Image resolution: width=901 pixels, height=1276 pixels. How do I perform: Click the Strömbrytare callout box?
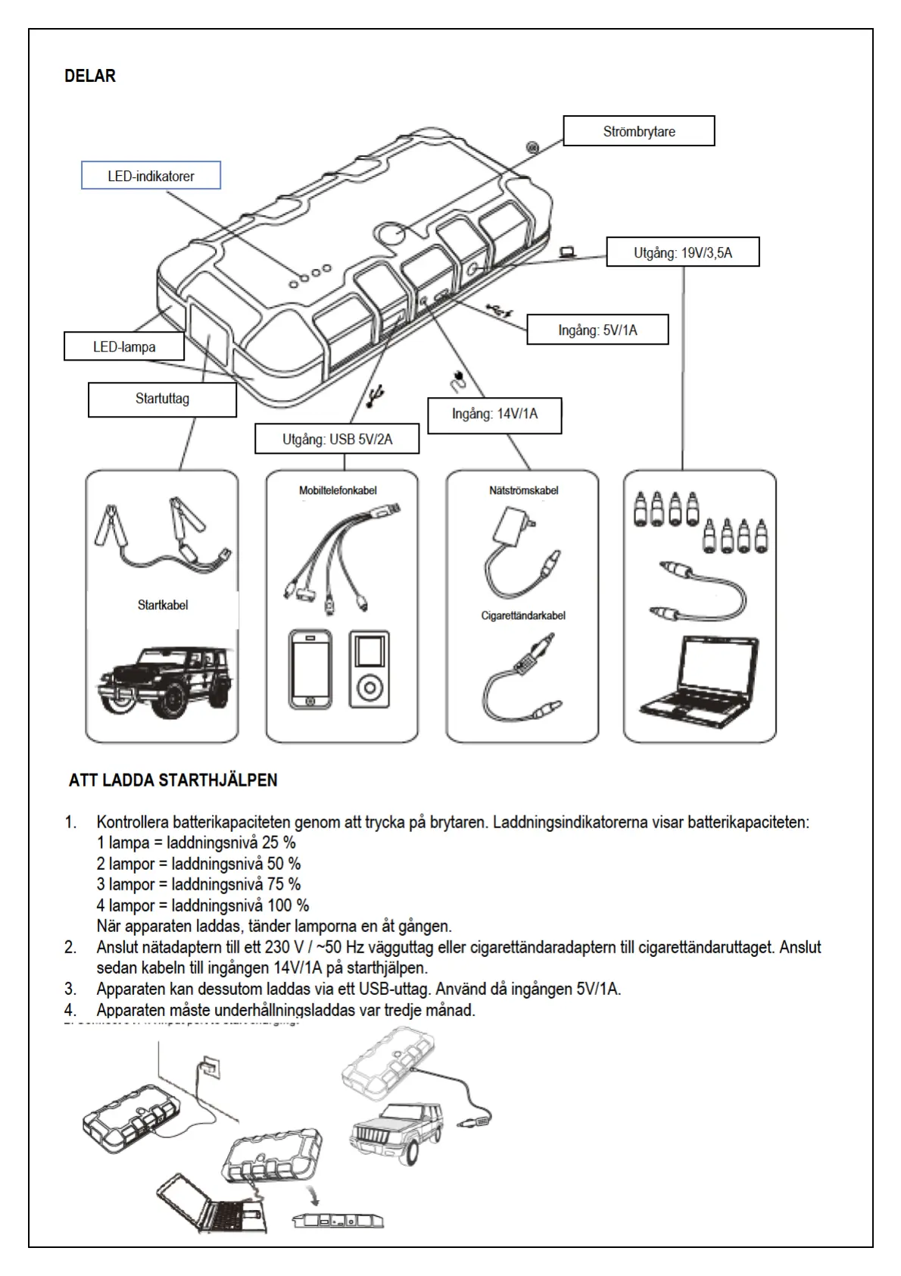pyautogui.click(x=638, y=131)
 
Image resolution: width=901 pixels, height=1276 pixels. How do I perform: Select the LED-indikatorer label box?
pyautogui.click(x=151, y=176)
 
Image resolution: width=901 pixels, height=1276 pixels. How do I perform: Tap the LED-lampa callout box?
pyautogui.click(x=124, y=347)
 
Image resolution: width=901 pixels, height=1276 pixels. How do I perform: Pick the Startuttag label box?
pyautogui.click(x=162, y=399)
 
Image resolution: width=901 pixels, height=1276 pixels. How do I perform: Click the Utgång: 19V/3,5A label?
pyautogui.click(x=682, y=252)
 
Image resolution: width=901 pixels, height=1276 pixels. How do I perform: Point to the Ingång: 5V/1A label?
pyautogui.click(x=597, y=330)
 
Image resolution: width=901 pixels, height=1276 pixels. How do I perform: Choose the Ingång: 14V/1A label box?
pyautogui.click(x=494, y=414)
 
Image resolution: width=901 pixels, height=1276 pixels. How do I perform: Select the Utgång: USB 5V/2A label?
pyautogui.click(x=337, y=439)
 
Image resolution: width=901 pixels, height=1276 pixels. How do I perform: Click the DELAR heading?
pyautogui.click(x=90, y=76)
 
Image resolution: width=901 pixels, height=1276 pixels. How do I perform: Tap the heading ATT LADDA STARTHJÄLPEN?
pyautogui.click(x=173, y=780)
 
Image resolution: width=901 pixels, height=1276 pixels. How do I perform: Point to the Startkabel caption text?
pyautogui.click(x=162, y=605)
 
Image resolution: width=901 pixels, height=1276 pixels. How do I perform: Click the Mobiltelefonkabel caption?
pyautogui.click(x=338, y=490)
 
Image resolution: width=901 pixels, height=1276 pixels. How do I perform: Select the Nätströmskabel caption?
pyautogui.click(x=523, y=490)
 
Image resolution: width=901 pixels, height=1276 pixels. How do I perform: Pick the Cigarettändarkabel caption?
pyautogui.click(x=523, y=615)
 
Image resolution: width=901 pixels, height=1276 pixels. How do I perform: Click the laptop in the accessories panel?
pyautogui.click(x=700, y=677)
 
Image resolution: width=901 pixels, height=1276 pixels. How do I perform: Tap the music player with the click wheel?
pyautogui.click(x=369, y=669)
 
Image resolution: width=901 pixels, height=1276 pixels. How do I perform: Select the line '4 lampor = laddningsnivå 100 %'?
pyautogui.click(x=203, y=905)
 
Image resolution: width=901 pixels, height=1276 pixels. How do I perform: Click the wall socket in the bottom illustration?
pyautogui.click(x=211, y=1068)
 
